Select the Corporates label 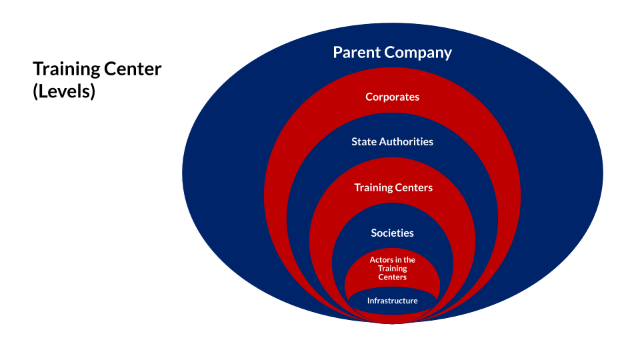[x=393, y=97]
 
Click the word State [x=364, y=141]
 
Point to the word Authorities [x=406, y=141]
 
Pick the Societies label [x=393, y=233]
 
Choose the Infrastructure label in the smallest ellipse [x=393, y=301]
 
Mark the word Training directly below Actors [x=393, y=268]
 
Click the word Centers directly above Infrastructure [x=393, y=277]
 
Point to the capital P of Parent [x=338, y=52]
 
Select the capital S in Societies [x=374, y=233]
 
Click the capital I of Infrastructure [x=369, y=301]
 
